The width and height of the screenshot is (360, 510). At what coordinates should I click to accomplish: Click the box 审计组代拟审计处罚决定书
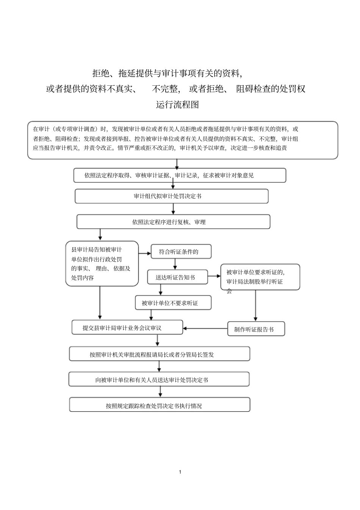point(171,196)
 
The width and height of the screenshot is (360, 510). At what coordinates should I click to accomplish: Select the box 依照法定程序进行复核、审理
point(173,222)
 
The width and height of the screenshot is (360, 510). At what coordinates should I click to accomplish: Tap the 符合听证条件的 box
point(181,252)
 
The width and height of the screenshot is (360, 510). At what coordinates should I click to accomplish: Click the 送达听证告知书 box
point(177,277)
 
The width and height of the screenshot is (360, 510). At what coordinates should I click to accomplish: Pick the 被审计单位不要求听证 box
point(173,303)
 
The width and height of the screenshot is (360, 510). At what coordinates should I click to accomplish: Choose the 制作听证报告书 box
point(256,329)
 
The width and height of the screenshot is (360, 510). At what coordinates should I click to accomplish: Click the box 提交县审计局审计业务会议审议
point(127,328)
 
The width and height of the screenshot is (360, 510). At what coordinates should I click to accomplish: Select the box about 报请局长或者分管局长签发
point(159,354)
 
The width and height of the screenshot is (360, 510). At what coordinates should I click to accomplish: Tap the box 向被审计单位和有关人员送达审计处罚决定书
point(159,380)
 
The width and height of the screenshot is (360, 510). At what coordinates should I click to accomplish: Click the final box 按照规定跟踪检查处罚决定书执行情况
point(159,405)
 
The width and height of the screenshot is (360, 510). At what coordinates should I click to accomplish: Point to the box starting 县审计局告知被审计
point(102,264)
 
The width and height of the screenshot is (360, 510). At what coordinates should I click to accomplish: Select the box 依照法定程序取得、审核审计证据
point(179,175)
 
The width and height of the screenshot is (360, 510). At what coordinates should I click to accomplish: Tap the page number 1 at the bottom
point(180,472)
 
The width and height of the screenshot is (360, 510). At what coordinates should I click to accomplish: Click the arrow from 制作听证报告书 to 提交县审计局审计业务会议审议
point(205,328)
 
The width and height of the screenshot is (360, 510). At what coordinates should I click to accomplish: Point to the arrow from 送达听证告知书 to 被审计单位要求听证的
point(214,277)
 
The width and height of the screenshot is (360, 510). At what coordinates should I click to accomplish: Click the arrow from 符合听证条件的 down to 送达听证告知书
point(175,264)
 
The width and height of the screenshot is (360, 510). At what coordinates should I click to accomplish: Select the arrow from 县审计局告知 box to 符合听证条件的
point(144,253)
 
